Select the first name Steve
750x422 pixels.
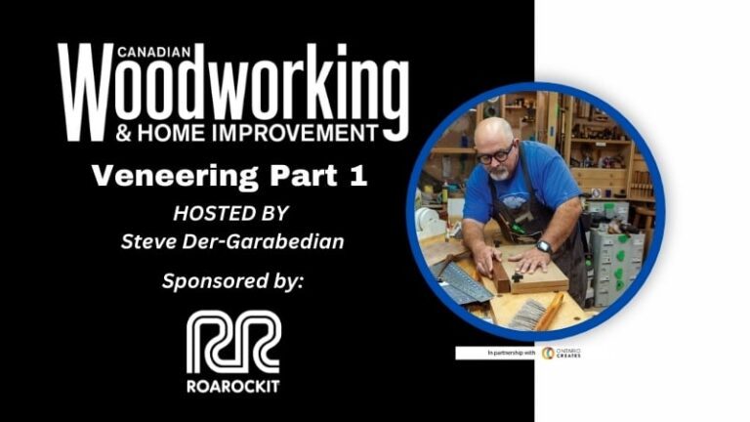tap(146, 241)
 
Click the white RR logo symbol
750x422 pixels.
tap(232, 342)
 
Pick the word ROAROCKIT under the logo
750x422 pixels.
tap(232, 385)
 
